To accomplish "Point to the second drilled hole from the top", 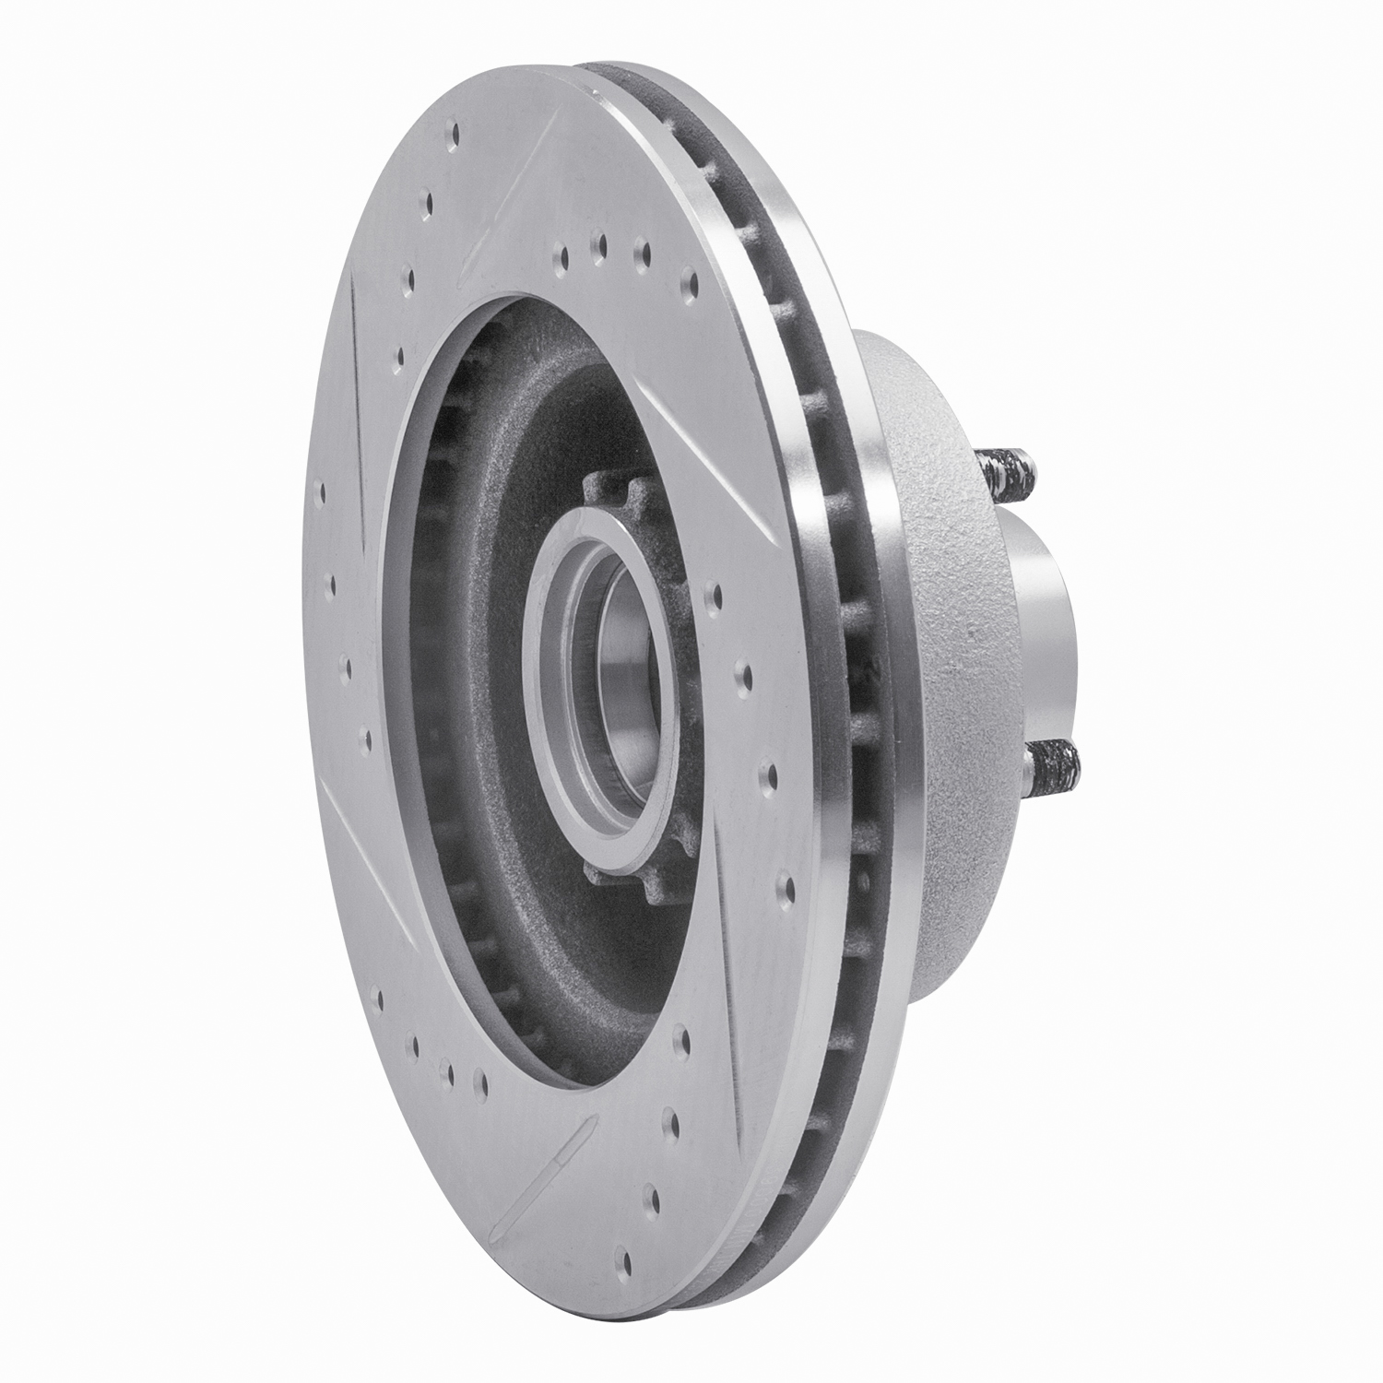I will (x=427, y=201).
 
